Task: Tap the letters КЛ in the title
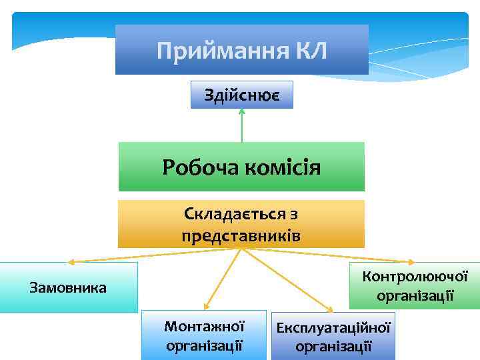310,51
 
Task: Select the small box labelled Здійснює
241,96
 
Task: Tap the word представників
241,235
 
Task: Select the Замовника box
69,287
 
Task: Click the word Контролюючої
415,276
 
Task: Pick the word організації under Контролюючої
415,295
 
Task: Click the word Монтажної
205,327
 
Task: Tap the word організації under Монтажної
205,345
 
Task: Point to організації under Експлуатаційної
333,346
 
